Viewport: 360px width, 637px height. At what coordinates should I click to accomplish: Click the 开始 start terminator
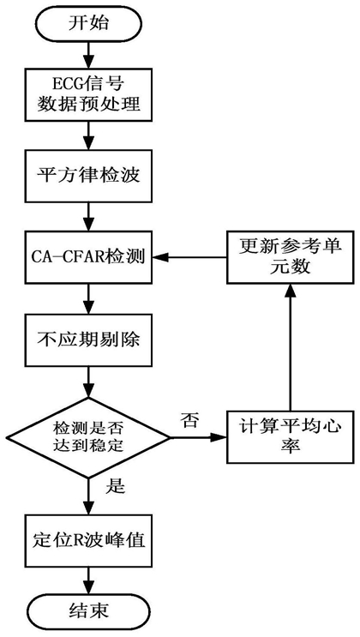pos(88,24)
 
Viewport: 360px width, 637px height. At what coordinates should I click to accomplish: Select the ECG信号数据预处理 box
pos(88,94)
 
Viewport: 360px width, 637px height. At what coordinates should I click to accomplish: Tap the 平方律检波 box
pos(88,176)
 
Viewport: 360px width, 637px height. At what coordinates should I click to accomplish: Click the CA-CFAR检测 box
pos(88,257)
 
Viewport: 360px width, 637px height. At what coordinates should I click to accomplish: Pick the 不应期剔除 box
pos(88,339)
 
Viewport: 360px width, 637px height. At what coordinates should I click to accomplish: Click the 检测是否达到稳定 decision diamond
pos(88,438)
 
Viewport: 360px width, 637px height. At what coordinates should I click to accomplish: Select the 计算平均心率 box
pos(289,436)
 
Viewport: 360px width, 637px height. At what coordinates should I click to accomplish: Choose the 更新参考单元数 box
pos(289,257)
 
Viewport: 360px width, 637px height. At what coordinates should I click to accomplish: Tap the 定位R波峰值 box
pos(88,541)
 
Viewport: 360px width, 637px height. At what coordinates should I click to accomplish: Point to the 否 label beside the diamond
pos(190,420)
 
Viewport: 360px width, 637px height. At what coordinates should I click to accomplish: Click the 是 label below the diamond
pos(115,486)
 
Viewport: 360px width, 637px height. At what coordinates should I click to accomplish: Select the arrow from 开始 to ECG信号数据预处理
pos(88,54)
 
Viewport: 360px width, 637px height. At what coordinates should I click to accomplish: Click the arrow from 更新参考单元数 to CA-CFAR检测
pos(189,257)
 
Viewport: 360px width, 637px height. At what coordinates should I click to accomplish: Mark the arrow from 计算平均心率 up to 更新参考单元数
pos(289,347)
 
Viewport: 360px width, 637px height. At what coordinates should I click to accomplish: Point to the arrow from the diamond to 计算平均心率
pos(198,438)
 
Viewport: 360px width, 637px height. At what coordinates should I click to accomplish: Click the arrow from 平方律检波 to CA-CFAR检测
pos(88,217)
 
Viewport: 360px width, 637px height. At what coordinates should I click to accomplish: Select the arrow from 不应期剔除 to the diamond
pos(88,381)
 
